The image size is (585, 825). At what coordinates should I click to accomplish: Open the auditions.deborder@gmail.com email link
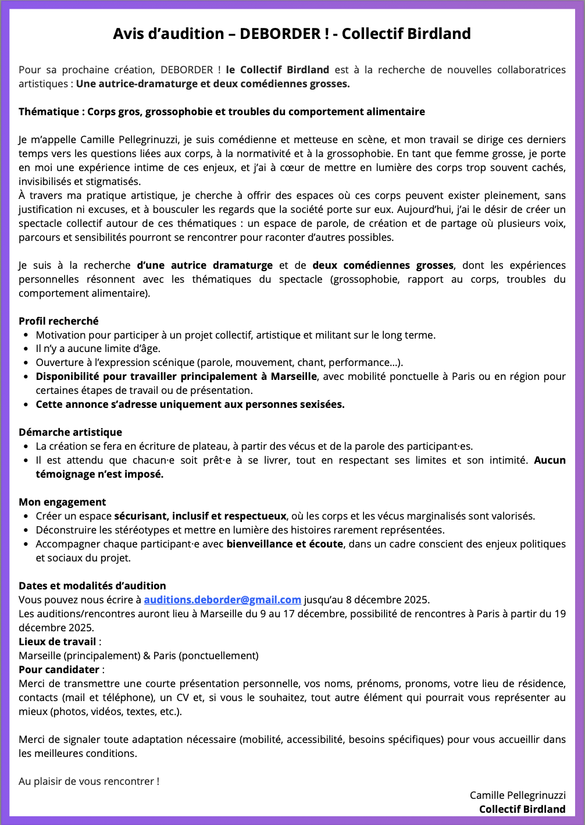[222, 600]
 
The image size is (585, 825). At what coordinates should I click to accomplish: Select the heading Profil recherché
[59, 321]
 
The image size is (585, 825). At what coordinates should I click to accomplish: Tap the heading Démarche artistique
[70, 432]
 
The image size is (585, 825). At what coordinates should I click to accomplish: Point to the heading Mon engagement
[62, 502]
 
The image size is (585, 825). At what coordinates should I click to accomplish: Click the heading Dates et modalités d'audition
[92, 586]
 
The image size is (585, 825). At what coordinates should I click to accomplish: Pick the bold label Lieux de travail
[57, 642]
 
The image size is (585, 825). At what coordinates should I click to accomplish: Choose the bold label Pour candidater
[59, 670]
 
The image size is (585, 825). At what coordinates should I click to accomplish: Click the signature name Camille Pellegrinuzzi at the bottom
[518, 795]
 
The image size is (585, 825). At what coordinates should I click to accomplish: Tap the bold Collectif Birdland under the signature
[522, 809]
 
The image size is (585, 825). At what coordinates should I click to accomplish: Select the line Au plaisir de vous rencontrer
[88, 781]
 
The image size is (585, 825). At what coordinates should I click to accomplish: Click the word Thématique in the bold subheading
[48, 112]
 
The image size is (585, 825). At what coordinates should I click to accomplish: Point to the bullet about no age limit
[98, 349]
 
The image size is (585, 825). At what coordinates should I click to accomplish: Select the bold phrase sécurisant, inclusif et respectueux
[200, 516]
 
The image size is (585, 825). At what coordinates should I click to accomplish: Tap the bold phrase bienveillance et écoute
[285, 544]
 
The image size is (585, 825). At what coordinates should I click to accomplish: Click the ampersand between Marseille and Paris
[147, 656]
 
